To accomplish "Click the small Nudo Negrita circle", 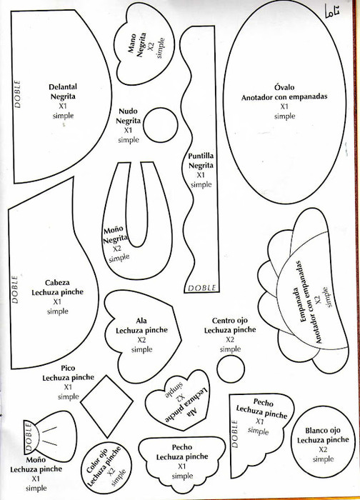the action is (161, 125).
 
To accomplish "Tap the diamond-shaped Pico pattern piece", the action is (107, 406).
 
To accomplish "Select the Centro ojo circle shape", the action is (231, 369).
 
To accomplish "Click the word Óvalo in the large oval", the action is (284, 87).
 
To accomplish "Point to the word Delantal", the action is (63, 86).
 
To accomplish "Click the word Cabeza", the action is (57, 283).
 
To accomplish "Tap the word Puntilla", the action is (201, 156).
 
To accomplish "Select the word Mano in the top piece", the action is (132, 44).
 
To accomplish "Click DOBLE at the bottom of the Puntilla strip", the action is (202, 288).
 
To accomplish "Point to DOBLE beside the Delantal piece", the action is (17, 94).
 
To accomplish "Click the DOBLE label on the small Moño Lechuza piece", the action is (29, 436).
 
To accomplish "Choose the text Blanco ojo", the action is (323, 431).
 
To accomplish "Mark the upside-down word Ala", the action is (194, 413).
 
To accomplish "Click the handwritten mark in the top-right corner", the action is (332, 11).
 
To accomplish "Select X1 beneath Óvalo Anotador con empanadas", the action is (284, 106).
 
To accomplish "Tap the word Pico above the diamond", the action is (68, 368).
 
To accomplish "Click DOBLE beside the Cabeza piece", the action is (15, 289).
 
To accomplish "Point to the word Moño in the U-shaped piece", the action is (113, 229).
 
